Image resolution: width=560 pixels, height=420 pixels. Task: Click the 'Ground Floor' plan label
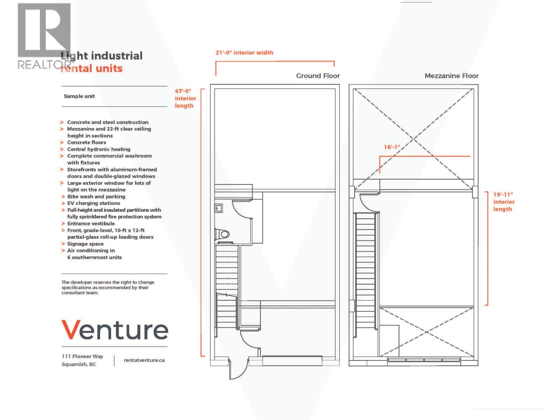[x=318, y=76]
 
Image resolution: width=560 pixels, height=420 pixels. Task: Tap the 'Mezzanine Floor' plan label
[x=451, y=76]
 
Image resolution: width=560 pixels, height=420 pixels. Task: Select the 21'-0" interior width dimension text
[x=244, y=53]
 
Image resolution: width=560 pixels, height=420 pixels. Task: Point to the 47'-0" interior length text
[x=185, y=98]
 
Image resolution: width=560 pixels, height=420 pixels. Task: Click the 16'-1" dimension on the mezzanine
[x=392, y=147]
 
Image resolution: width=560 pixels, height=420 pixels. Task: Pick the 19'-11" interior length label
[x=504, y=202]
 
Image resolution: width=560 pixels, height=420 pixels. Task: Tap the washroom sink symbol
[x=219, y=209]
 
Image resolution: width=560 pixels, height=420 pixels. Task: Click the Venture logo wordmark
[x=115, y=330]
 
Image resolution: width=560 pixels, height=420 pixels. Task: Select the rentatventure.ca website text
[x=144, y=360]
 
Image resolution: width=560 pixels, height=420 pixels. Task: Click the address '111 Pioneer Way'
[x=83, y=356]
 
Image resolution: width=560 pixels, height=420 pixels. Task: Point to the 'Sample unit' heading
[x=79, y=96]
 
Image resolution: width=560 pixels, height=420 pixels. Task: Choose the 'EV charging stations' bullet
[x=93, y=203]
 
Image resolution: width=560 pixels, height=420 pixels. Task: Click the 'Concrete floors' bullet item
[x=86, y=142]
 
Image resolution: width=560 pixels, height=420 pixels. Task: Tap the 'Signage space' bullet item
[x=85, y=244]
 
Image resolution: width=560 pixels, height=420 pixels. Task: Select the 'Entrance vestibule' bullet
[x=91, y=224]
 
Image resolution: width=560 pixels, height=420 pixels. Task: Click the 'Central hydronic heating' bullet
[x=99, y=149]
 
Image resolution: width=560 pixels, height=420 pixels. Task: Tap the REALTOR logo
[x=44, y=35]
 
